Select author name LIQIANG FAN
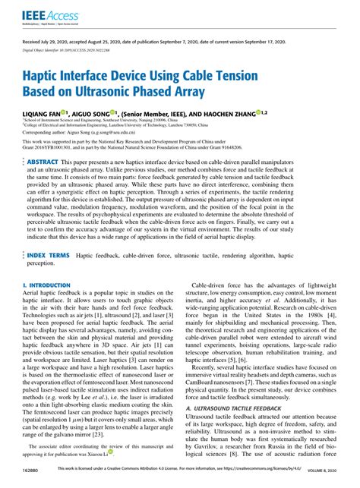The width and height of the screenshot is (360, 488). coord(46,112)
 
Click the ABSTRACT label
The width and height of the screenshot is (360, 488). coord(42,162)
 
